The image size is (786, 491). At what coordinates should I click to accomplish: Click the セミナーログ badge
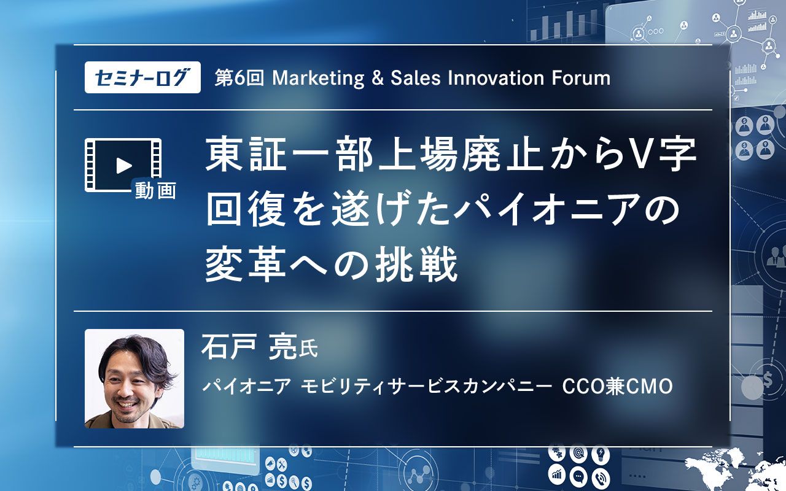(142, 77)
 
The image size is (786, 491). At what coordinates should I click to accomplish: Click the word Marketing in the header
(319, 79)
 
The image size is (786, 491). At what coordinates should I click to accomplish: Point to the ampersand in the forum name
(377, 78)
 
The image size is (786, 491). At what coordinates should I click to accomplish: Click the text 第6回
(239, 78)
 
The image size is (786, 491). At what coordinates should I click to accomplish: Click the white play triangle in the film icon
(123, 166)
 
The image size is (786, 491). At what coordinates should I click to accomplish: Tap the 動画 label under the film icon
(155, 191)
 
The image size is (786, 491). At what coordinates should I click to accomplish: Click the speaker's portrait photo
(134, 379)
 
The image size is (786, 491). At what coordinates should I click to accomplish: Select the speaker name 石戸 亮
(249, 347)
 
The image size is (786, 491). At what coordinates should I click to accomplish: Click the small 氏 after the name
(308, 349)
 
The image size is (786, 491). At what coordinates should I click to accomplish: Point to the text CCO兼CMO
(618, 387)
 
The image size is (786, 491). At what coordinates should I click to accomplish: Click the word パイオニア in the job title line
(247, 387)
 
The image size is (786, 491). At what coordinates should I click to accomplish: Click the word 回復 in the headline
(246, 209)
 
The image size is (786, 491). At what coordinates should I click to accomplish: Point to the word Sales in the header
(416, 78)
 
